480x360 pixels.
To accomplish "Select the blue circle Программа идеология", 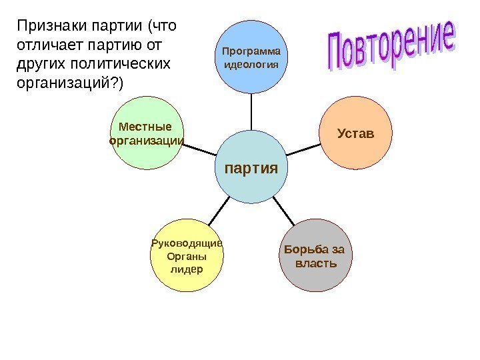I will (x=251, y=57).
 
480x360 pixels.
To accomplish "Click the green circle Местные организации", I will (x=145, y=133).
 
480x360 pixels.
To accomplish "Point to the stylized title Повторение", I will (x=392, y=50).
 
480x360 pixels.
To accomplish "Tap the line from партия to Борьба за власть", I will (x=285, y=211).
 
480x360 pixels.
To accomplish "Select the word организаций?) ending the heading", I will (x=73, y=83).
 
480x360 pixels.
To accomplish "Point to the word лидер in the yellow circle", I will (x=186, y=269).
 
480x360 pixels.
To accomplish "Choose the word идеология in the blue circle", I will (x=251, y=64).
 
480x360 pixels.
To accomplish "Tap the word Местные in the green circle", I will (x=145, y=127).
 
